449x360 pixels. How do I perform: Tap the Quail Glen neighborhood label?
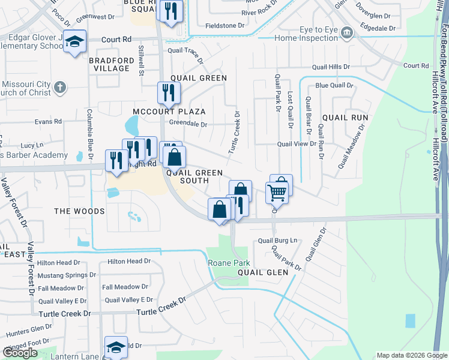point(263,272)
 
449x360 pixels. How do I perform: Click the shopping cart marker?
point(277,192)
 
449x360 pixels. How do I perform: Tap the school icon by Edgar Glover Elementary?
point(74,41)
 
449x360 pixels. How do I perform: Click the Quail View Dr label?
point(297,144)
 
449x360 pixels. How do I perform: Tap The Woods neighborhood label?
point(79,211)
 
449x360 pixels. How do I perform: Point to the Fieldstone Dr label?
point(226,26)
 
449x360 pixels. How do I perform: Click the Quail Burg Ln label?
point(277,241)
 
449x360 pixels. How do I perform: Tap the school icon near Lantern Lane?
point(116,346)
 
